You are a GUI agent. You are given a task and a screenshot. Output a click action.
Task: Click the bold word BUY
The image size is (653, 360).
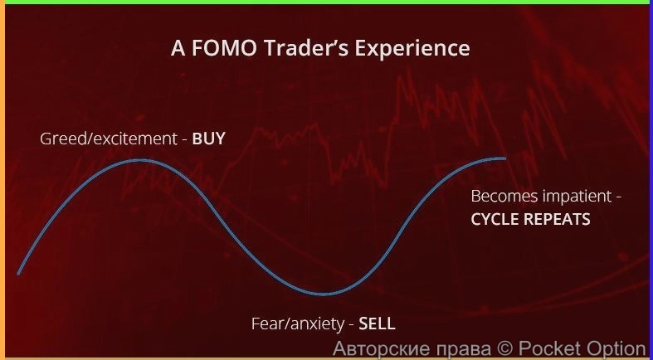pyautogui.click(x=208, y=139)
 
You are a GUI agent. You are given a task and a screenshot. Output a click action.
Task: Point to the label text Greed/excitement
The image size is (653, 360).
pyautogui.click(x=109, y=139)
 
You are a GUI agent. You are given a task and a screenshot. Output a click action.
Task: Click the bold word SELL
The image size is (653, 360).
pyautogui.click(x=378, y=324)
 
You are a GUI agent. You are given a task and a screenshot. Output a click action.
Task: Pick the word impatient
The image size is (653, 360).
pyautogui.click(x=576, y=197)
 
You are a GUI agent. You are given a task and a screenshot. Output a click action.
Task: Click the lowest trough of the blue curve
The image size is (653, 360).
pyautogui.click(x=325, y=294)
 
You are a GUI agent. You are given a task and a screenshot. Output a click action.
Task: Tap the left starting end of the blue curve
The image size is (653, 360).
pyautogui.click(x=19, y=272)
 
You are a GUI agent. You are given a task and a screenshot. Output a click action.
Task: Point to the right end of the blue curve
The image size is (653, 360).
pyautogui.click(x=504, y=158)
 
